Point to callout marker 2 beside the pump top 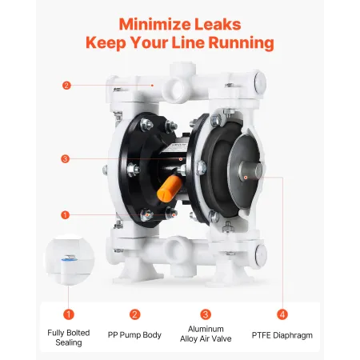pos(66,85)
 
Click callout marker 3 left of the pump pos(66,158)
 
